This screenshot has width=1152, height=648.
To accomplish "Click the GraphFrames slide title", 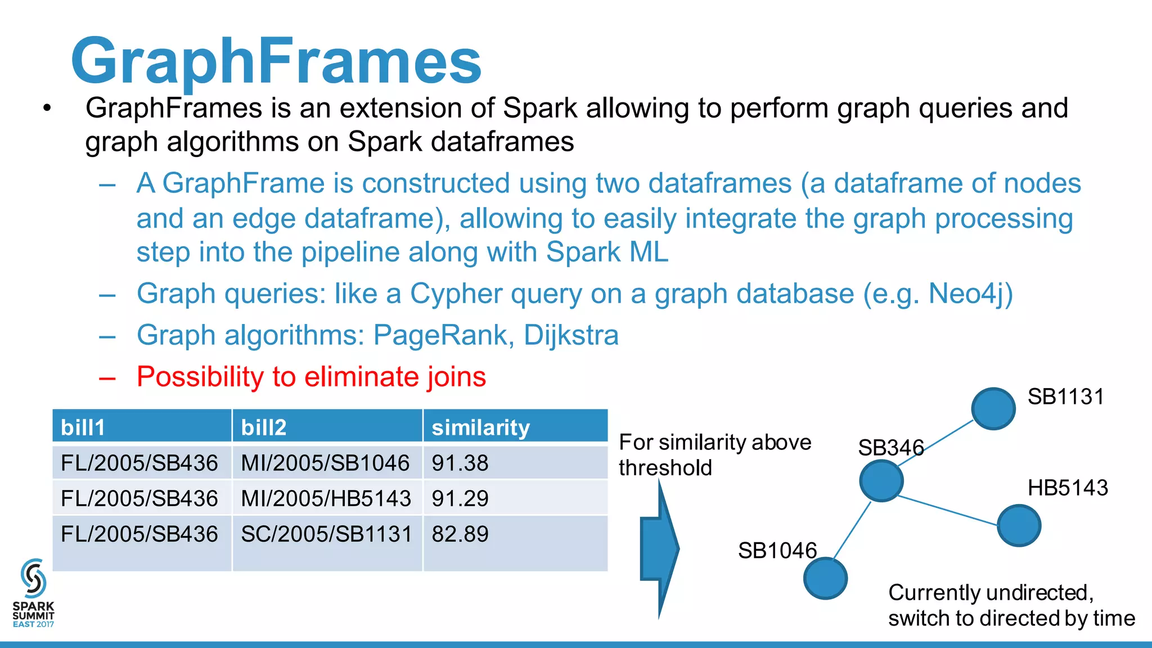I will pyautogui.click(x=276, y=61).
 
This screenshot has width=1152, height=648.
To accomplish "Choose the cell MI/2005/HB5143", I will pyautogui.click(x=326, y=498).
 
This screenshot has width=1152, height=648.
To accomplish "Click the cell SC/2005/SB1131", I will pyautogui.click(x=326, y=534).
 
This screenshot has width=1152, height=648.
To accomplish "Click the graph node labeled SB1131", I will pyautogui.click(x=993, y=408).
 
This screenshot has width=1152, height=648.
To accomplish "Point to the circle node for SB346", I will pyautogui.click(x=881, y=480).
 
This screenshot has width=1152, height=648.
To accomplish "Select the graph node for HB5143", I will pyautogui.click(x=1019, y=525).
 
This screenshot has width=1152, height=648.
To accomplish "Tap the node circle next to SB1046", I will pyautogui.click(x=825, y=578).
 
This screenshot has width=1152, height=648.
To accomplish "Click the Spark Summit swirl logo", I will pyautogui.click(x=33, y=578).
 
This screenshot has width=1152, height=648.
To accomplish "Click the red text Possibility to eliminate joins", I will pyautogui.click(x=311, y=376).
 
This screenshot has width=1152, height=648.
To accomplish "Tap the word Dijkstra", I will pyautogui.click(x=571, y=335).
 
